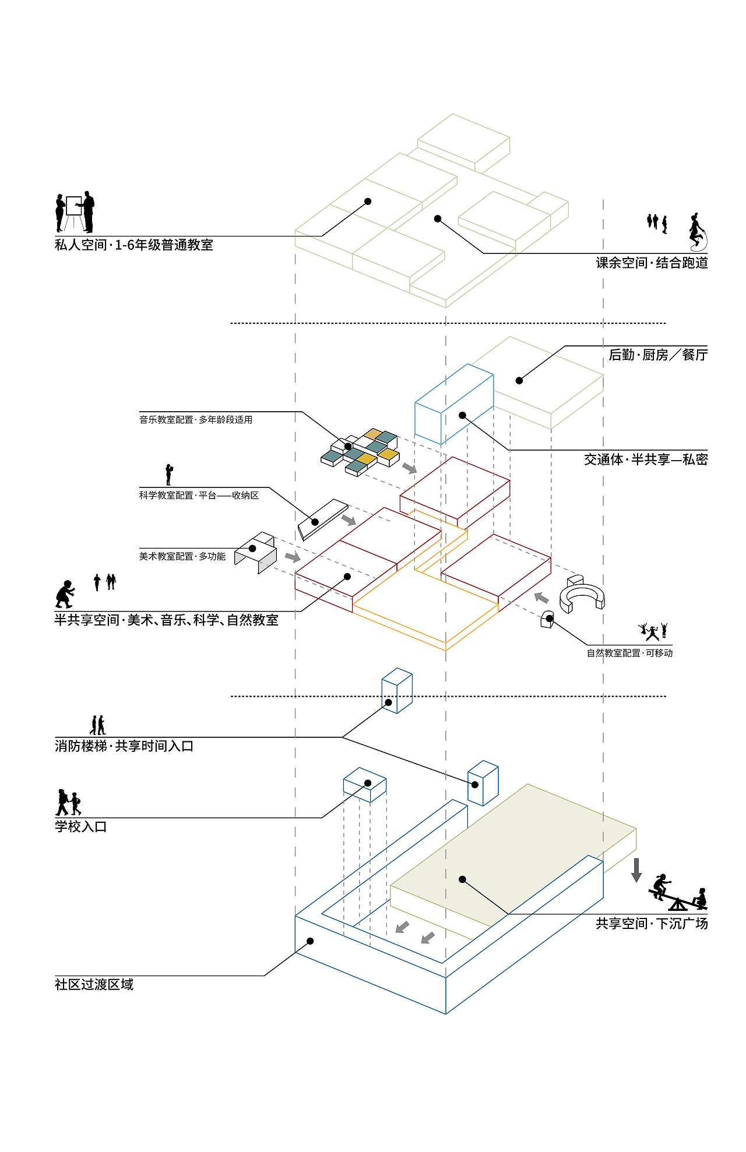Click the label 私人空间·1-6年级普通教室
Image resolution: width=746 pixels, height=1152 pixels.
pos(134,245)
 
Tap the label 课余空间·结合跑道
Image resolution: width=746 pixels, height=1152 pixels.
pos(652,263)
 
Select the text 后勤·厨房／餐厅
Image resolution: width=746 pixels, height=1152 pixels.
pos(658,355)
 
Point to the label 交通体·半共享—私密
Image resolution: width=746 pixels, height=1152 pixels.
pos(646,460)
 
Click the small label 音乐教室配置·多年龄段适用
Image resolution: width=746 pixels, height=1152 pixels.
pos(196,419)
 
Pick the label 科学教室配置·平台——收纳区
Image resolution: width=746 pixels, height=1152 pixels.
pos(199,495)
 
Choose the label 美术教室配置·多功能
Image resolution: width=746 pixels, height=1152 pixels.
pos(182,556)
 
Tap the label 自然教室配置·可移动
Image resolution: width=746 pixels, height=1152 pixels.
pos(629,653)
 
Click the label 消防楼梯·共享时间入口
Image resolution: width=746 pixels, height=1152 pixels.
pos(124,746)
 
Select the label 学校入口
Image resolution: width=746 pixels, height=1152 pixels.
pos(81,826)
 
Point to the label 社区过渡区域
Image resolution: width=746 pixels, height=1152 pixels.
pos(94,984)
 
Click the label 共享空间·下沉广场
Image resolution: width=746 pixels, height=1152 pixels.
pos(652,923)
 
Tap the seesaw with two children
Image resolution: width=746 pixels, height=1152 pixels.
pos(678,893)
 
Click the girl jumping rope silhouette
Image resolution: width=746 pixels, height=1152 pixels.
pos(696,231)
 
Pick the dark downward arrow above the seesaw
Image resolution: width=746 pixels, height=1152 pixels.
pos(636,870)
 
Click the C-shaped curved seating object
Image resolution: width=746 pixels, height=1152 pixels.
pos(582,598)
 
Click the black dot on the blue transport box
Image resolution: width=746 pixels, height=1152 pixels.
pos(462,415)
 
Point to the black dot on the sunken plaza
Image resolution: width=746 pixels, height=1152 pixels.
pos(462,879)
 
